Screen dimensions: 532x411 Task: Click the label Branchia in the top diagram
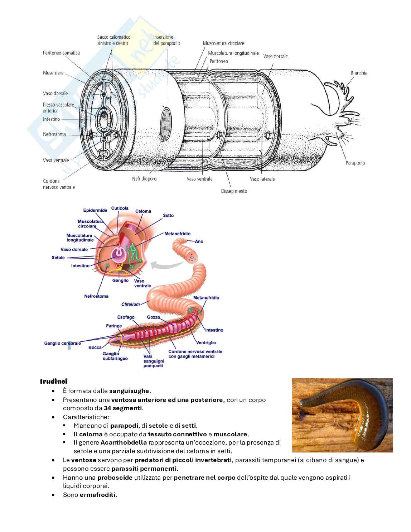coord(359,73)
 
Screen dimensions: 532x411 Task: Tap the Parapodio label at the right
coord(355,163)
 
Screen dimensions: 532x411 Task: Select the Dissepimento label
coord(234,191)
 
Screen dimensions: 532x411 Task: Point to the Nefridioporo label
coord(144,178)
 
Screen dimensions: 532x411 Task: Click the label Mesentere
coord(53,73)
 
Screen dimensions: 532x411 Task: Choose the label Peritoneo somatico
coord(61,53)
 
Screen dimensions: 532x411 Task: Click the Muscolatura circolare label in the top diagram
coord(223,43)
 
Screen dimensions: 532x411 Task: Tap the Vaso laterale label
coord(262,179)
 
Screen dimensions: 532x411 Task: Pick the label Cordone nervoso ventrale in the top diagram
coord(59,184)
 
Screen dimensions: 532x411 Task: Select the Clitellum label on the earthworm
coord(131,305)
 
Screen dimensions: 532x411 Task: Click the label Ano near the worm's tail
coord(199,241)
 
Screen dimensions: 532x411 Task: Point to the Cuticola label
coord(120,209)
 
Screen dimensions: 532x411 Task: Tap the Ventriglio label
coord(206,343)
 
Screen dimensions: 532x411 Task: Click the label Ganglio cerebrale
coord(62,343)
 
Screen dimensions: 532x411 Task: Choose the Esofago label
coord(126,317)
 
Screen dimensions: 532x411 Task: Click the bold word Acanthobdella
coord(124,443)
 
